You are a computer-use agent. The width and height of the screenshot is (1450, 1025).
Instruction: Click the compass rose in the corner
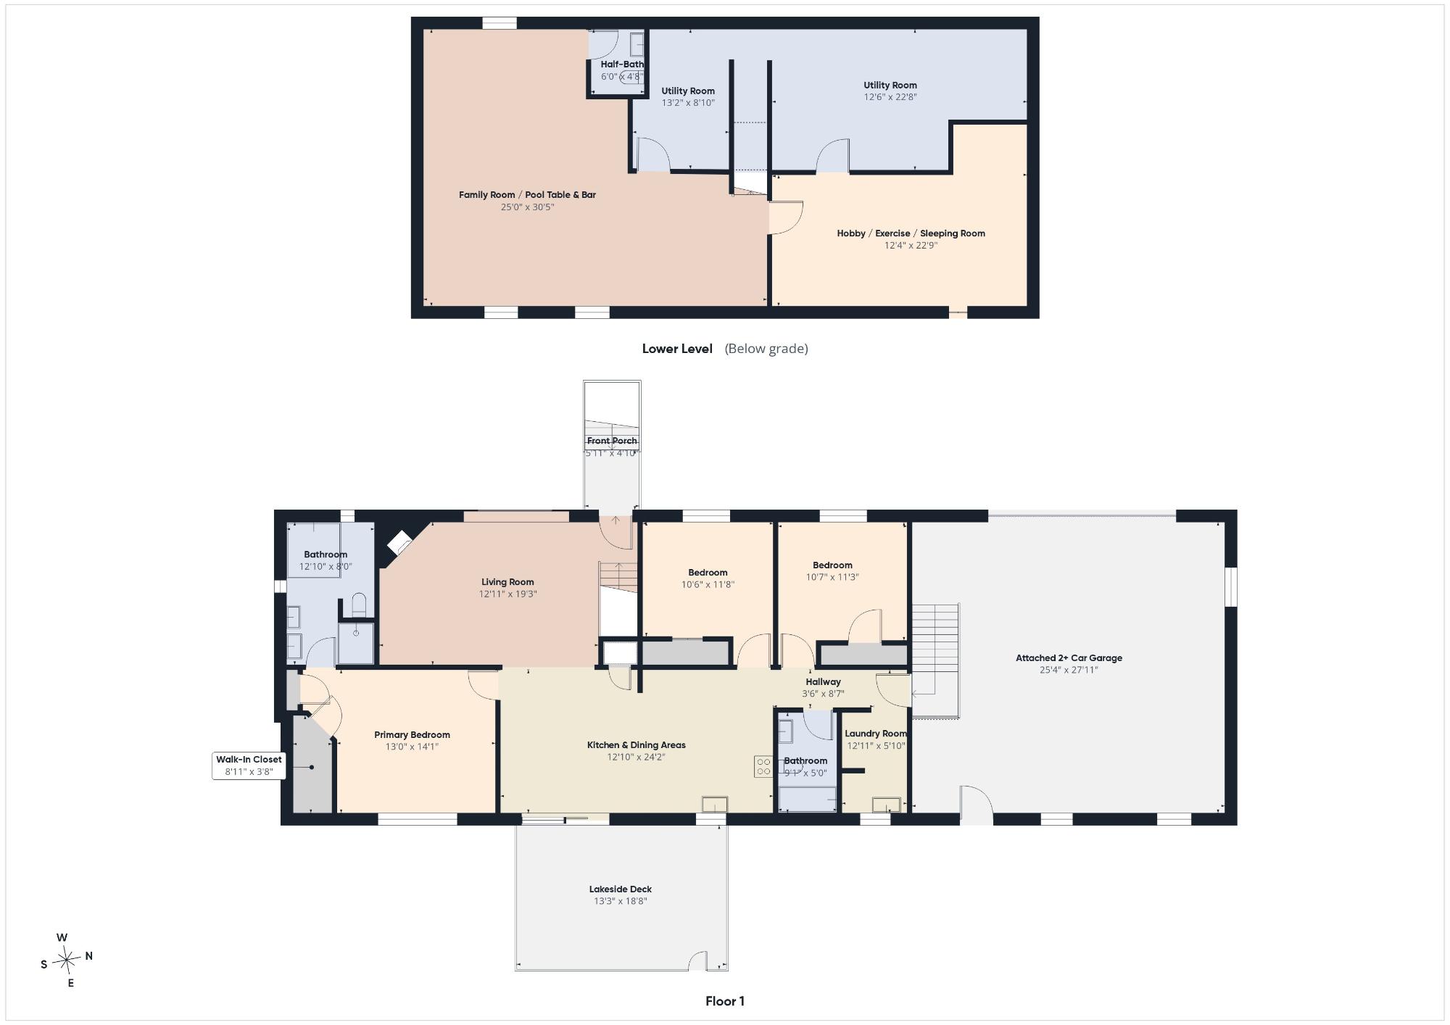point(67,960)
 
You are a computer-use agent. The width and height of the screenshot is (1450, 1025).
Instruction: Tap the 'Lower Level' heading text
point(677,349)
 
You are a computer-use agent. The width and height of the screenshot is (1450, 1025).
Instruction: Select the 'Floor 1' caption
point(725,1001)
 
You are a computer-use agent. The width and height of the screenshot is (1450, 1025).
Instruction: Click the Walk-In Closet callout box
point(249,765)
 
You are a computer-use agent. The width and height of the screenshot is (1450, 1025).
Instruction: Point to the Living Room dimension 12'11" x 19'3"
point(507,594)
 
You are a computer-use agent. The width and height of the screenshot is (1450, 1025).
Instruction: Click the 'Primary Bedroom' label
point(412,734)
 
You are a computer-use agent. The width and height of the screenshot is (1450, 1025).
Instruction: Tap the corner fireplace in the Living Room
point(399,542)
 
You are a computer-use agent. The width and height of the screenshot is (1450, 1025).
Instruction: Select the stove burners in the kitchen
point(763,766)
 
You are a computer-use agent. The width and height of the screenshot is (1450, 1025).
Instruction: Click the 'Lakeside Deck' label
point(621,889)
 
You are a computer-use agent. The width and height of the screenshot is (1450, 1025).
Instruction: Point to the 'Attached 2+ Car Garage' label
point(1069,658)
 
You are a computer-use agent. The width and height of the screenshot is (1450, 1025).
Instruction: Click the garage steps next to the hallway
point(935,660)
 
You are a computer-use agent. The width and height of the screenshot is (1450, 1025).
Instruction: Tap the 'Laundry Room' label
point(876,734)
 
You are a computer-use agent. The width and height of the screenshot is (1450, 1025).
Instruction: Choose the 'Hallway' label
point(823,681)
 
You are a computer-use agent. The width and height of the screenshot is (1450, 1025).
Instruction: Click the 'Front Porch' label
point(612,441)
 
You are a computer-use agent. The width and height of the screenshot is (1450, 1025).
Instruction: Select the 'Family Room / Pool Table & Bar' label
point(527,194)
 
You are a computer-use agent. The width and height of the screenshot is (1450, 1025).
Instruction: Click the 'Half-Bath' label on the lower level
point(622,64)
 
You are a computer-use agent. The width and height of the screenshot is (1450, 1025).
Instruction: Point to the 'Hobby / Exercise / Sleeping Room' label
point(911,233)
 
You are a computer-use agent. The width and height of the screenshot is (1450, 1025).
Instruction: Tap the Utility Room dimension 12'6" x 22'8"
point(890,96)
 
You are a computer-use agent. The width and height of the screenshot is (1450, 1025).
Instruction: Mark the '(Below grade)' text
point(766,349)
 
